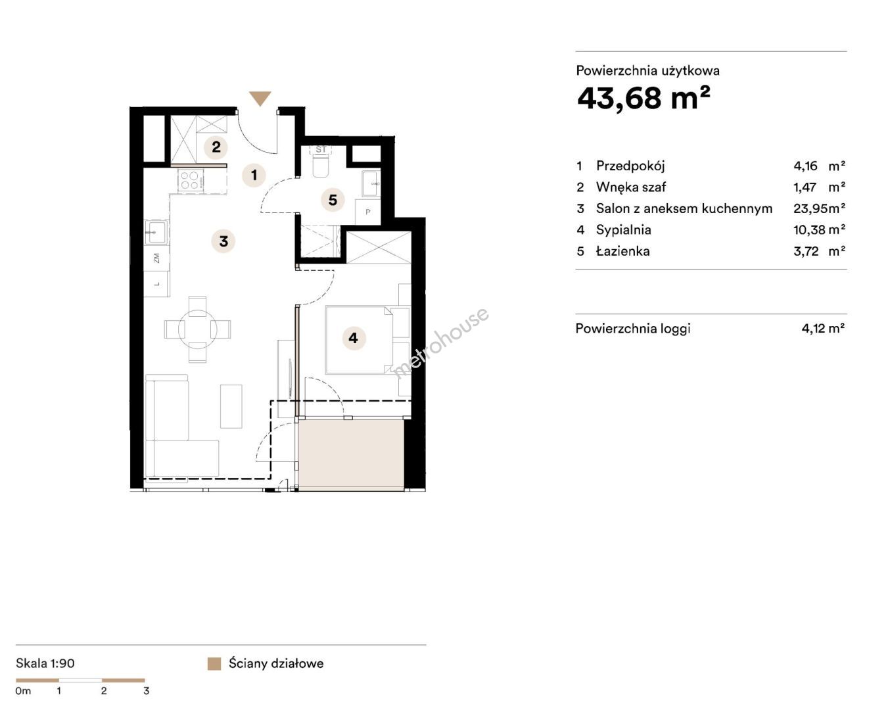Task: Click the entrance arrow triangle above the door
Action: point(260,98)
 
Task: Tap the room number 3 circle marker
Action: point(223,241)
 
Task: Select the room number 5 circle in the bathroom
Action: point(333,201)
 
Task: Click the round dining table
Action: point(197,329)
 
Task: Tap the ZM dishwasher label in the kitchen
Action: point(156,258)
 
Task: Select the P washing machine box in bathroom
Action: point(367,212)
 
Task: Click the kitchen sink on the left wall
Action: point(156,233)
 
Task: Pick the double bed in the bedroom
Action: point(359,339)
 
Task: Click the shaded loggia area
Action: point(351,455)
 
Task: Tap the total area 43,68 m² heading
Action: point(643,99)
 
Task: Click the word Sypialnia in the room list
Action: point(624,230)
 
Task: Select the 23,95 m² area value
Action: point(820,208)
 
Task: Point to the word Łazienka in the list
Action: point(622,251)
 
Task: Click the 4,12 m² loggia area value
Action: point(823,328)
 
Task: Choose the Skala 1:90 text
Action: point(45,663)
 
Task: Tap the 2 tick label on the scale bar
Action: point(104,690)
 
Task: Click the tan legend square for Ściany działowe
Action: point(214,664)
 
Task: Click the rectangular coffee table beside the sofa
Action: point(231,406)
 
